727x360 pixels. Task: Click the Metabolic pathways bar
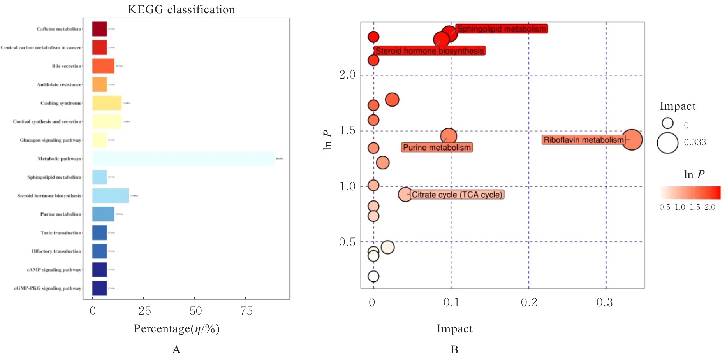[x=183, y=158]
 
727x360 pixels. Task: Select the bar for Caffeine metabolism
[x=99, y=29]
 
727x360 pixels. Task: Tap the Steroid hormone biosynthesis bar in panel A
[x=110, y=195]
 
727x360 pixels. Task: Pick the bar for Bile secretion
[x=103, y=66]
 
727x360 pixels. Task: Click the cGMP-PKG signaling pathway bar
[x=99, y=288]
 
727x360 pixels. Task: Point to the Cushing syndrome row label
[x=61, y=103]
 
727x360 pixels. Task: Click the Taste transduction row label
[x=61, y=233]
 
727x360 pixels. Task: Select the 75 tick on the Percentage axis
[x=246, y=311]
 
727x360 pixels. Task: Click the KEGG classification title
[x=181, y=9]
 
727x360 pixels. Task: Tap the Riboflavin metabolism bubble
[x=632, y=139]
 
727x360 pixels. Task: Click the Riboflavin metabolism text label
[x=583, y=140]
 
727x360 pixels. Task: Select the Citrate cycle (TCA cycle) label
[x=457, y=195]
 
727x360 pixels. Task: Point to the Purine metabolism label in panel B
[x=437, y=148]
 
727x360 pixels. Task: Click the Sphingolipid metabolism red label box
[x=501, y=29]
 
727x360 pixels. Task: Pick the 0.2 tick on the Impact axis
[x=529, y=303]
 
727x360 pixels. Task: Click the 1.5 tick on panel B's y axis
[x=347, y=131]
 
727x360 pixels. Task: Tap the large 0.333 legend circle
[x=667, y=143]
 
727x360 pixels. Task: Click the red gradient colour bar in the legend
[x=690, y=193]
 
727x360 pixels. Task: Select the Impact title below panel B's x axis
[x=454, y=329]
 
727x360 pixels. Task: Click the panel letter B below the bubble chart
[x=454, y=349]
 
